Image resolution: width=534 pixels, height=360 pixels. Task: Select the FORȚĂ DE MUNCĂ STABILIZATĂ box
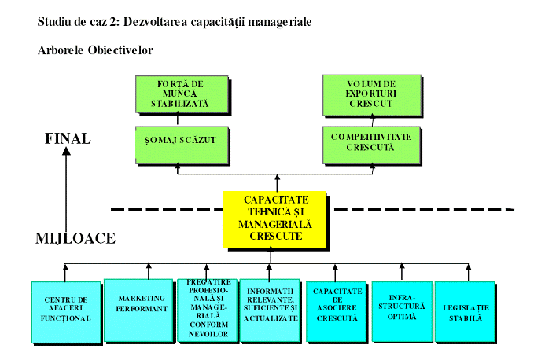click(182, 94)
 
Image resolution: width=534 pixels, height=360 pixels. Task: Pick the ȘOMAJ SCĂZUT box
click(182, 139)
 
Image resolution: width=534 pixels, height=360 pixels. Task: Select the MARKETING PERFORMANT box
click(138, 309)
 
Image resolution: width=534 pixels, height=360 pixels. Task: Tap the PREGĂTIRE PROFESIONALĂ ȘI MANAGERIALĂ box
click(207, 310)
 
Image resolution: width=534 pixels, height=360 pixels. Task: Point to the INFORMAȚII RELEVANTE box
click(271, 310)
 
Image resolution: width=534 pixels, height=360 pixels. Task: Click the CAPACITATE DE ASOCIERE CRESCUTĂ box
click(335, 310)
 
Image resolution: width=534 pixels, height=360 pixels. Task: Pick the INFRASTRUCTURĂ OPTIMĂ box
click(401, 310)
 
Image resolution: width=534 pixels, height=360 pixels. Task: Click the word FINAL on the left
click(68, 139)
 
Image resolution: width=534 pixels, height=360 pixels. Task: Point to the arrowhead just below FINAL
click(68, 152)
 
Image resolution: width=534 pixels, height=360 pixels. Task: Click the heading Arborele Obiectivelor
click(94, 50)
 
